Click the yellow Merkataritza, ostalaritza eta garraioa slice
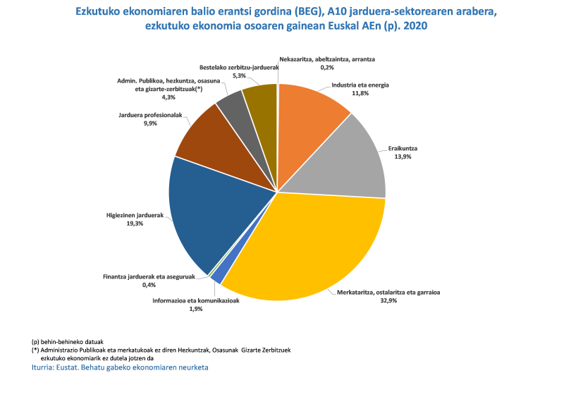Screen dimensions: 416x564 tap(310, 247)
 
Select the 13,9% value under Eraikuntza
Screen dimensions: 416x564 tap(403, 157)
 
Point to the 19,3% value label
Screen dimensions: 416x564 tap(134, 224)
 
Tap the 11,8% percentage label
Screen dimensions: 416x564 tap(360, 93)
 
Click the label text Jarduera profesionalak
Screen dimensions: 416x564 tap(149, 114)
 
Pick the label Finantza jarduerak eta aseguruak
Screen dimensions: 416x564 tap(149, 277)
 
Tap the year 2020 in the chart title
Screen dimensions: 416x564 tap(413, 26)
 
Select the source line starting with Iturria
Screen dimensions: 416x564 tap(121, 367)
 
